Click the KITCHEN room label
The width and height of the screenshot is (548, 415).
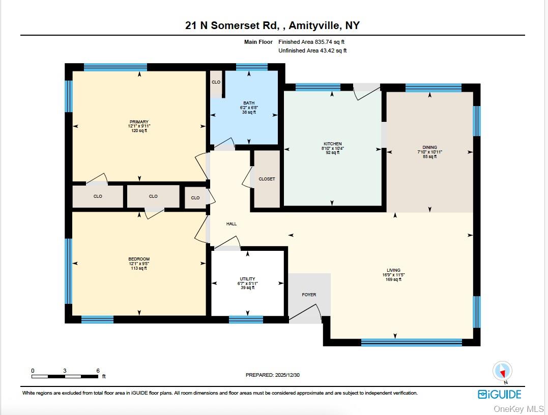click(x=332, y=144)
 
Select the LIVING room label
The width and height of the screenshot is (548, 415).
click(x=393, y=270)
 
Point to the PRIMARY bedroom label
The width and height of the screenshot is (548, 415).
click(x=138, y=122)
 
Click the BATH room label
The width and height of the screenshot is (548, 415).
click(x=248, y=102)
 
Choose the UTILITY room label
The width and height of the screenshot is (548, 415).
click(x=247, y=279)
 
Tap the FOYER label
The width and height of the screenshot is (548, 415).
click(x=309, y=295)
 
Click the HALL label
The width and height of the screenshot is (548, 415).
click(x=232, y=224)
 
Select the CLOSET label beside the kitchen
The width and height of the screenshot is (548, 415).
click(x=267, y=179)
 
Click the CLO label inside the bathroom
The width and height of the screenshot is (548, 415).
click(x=216, y=82)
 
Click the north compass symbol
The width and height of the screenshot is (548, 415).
click(x=503, y=371)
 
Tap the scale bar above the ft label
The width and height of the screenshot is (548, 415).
click(x=65, y=376)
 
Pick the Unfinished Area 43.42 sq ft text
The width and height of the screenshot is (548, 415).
click(x=312, y=50)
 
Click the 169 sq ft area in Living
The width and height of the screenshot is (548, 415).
click(x=393, y=279)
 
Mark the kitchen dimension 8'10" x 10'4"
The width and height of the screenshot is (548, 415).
click(x=333, y=148)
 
